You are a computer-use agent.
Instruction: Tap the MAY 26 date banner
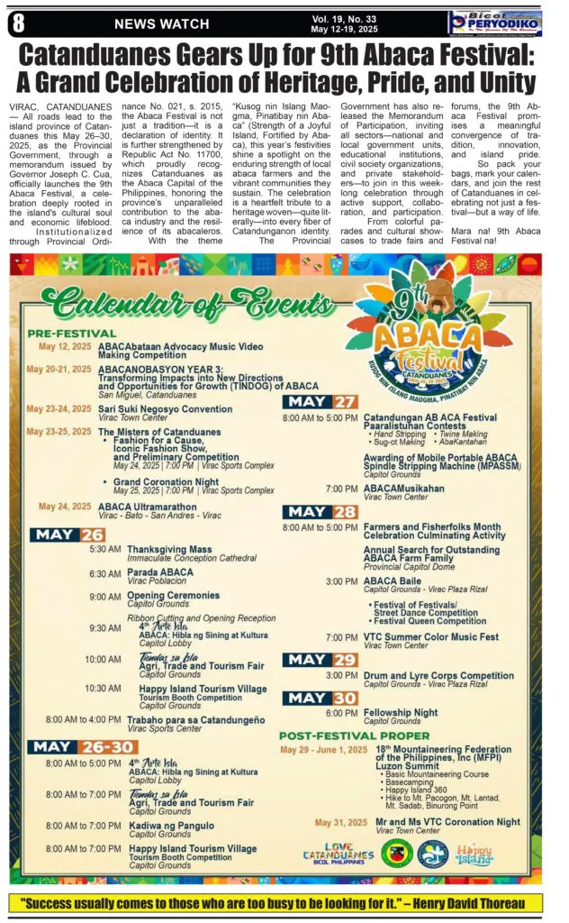[x=68, y=535]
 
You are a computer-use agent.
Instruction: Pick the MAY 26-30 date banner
[x=74, y=746]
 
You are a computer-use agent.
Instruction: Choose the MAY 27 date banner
[x=321, y=402]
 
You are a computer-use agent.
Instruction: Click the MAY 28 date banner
[x=321, y=512]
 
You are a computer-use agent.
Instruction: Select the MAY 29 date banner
[x=321, y=660]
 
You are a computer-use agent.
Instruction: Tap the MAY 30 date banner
[x=321, y=697]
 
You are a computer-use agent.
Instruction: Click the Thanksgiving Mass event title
[x=169, y=549]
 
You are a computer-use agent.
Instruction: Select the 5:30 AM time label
[x=105, y=549]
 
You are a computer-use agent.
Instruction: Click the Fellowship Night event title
[x=401, y=712]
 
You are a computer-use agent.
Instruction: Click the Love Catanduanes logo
[x=338, y=853]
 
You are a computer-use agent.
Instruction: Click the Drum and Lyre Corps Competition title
[x=438, y=675]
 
